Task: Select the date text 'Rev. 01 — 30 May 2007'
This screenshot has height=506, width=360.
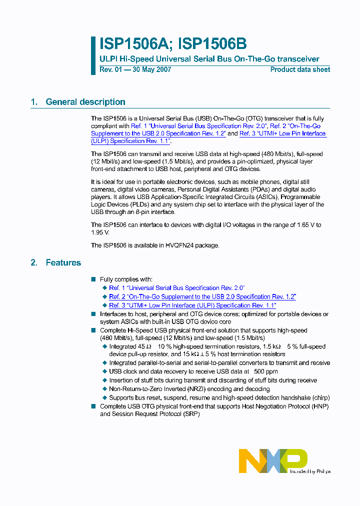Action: pos(135,69)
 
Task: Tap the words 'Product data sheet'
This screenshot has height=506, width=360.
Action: pos(300,69)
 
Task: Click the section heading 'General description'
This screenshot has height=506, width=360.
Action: pos(85,102)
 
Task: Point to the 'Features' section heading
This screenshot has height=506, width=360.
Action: pos(63,262)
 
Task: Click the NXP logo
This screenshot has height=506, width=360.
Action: pos(272,460)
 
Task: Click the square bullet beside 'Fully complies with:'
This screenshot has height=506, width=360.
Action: pos(93,279)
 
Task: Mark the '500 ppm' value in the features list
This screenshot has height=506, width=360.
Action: pos(266,371)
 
